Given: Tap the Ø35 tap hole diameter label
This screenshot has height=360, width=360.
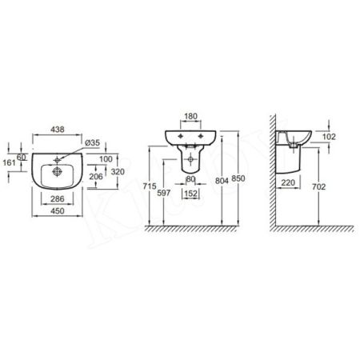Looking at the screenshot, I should (92, 142).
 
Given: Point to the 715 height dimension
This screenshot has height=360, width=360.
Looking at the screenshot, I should (148, 186).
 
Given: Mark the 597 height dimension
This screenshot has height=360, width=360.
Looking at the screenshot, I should (165, 192).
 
